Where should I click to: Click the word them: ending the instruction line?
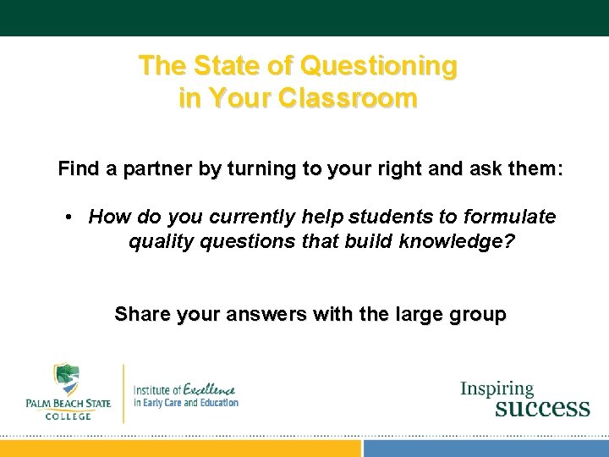coord(531,169)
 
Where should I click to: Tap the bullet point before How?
coord(69,217)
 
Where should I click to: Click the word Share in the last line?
coord(141,315)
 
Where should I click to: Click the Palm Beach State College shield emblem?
coord(66,381)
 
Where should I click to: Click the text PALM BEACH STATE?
coord(67,404)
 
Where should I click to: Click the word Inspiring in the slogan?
coord(497,389)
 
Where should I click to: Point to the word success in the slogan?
coord(542,408)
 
